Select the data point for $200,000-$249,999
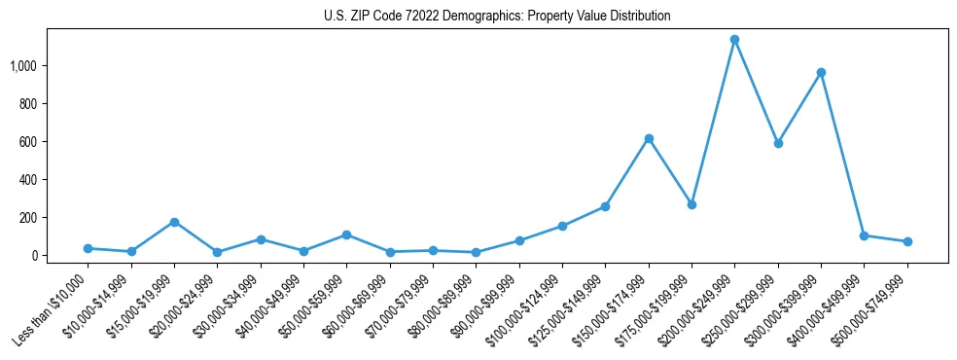point(735,40)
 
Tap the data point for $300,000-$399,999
point(821,73)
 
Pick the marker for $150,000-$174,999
point(649,138)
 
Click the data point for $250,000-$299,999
point(778,143)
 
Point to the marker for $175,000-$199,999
point(691,204)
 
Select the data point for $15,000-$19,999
point(174,222)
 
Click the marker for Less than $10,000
point(89,248)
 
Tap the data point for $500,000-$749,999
point(907,241)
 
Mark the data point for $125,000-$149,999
point(605,206)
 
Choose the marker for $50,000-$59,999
point(346,234)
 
